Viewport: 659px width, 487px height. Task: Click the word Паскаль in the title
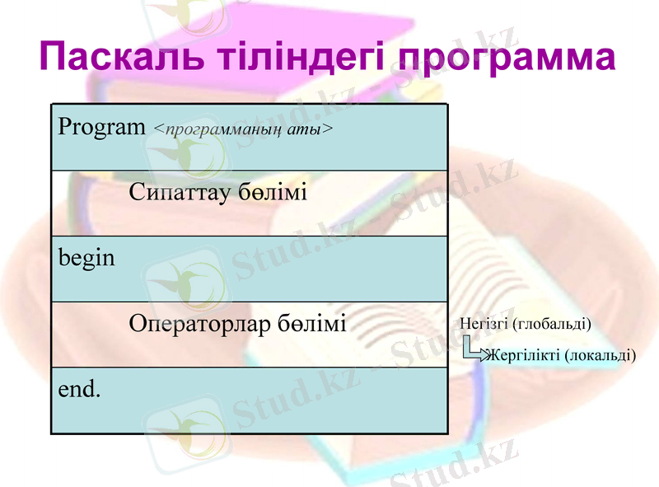click(x=115, y=58)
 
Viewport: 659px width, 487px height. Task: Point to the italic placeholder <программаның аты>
click(x=244, y=129)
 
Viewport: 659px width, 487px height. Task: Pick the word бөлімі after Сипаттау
click(x=273, y=193)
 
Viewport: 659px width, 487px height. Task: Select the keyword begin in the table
click(x=86, y=258)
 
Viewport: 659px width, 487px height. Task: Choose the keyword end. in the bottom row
click(x=79, y=388)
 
